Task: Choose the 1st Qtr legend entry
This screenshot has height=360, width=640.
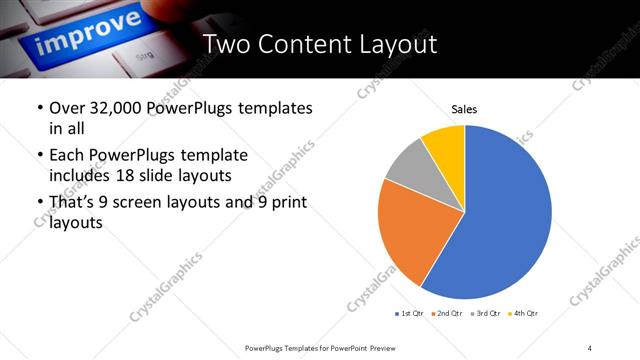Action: [409, 314]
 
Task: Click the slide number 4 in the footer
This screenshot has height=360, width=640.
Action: [590, 347]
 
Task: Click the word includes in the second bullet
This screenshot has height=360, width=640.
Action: [82, 177]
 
